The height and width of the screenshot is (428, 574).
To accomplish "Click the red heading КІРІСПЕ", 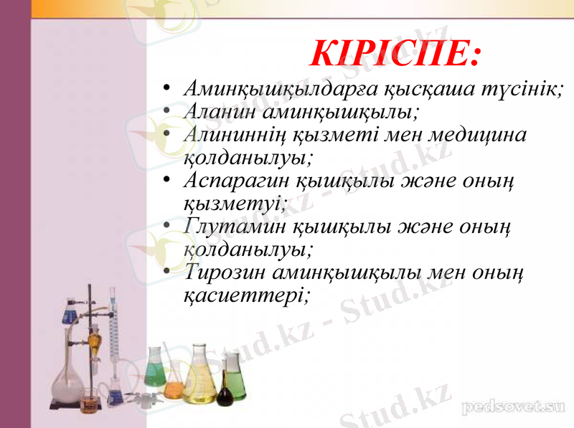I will click(x=395, y=52).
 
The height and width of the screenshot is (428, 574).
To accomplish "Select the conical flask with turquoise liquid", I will click(x=155, y=373).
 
